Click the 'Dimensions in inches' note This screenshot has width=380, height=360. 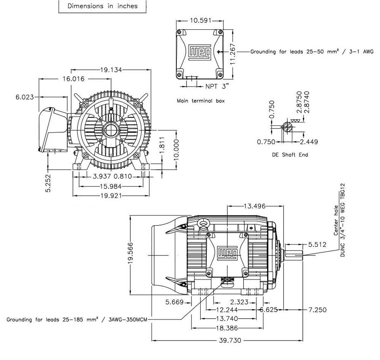[x=102, y=6]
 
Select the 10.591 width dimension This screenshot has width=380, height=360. [x=201, y=21]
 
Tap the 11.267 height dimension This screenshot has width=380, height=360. [x=233, y=54]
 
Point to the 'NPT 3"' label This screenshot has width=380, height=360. [x=218, y=86]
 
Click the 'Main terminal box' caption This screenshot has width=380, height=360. [x=201, y=101]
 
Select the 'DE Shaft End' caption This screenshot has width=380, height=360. [x=290, y=155]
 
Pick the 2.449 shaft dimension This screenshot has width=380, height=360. [x=309, y=142]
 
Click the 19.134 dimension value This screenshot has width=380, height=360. [x=111, y=70]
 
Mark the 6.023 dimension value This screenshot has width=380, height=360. [x=25, y=97]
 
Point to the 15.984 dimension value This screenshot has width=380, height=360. [x=110, y=186]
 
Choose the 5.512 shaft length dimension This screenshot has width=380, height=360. [x=317, y=244]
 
